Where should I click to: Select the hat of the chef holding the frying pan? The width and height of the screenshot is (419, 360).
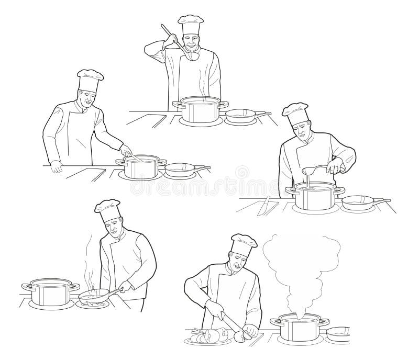click(x=108, y=208)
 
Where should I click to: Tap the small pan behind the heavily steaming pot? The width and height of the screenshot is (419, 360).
click(x=338, y=332)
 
